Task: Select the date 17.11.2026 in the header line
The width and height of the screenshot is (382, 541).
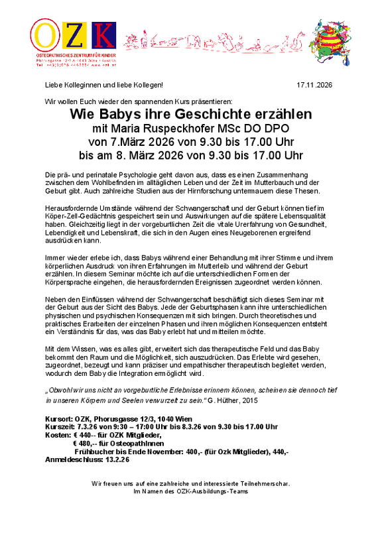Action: click(314, 86)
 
